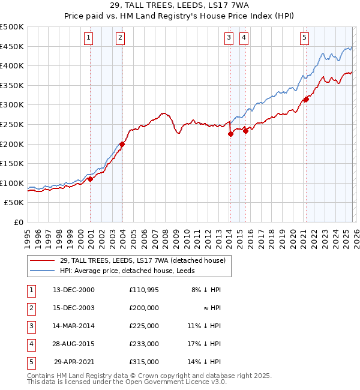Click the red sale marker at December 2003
tap(122, 144)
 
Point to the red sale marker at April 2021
tap(306, 100)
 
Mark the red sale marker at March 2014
tap(230, 134)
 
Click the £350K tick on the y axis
tap(12, 85)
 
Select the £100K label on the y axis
tap(12, 183)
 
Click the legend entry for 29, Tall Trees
tap(142, 260)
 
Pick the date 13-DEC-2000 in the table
tap(74, 290)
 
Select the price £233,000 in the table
tap(143, 344)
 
